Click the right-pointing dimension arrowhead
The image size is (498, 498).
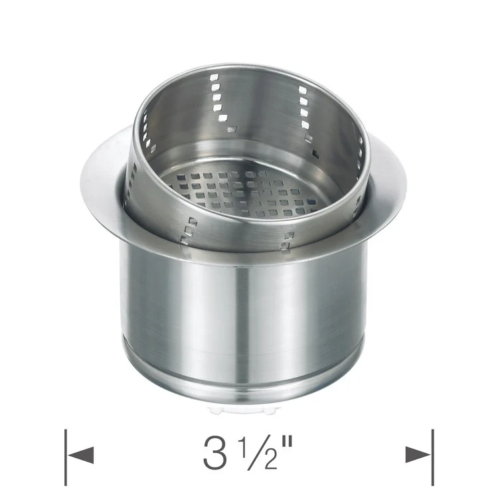(x=418, y=455)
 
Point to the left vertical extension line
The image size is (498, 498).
(x=66, y=458)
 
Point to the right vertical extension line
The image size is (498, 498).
(x=432, y=458)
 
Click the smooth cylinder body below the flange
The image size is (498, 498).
(x=246, y=312)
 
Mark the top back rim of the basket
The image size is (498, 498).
(x=252, y=68)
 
